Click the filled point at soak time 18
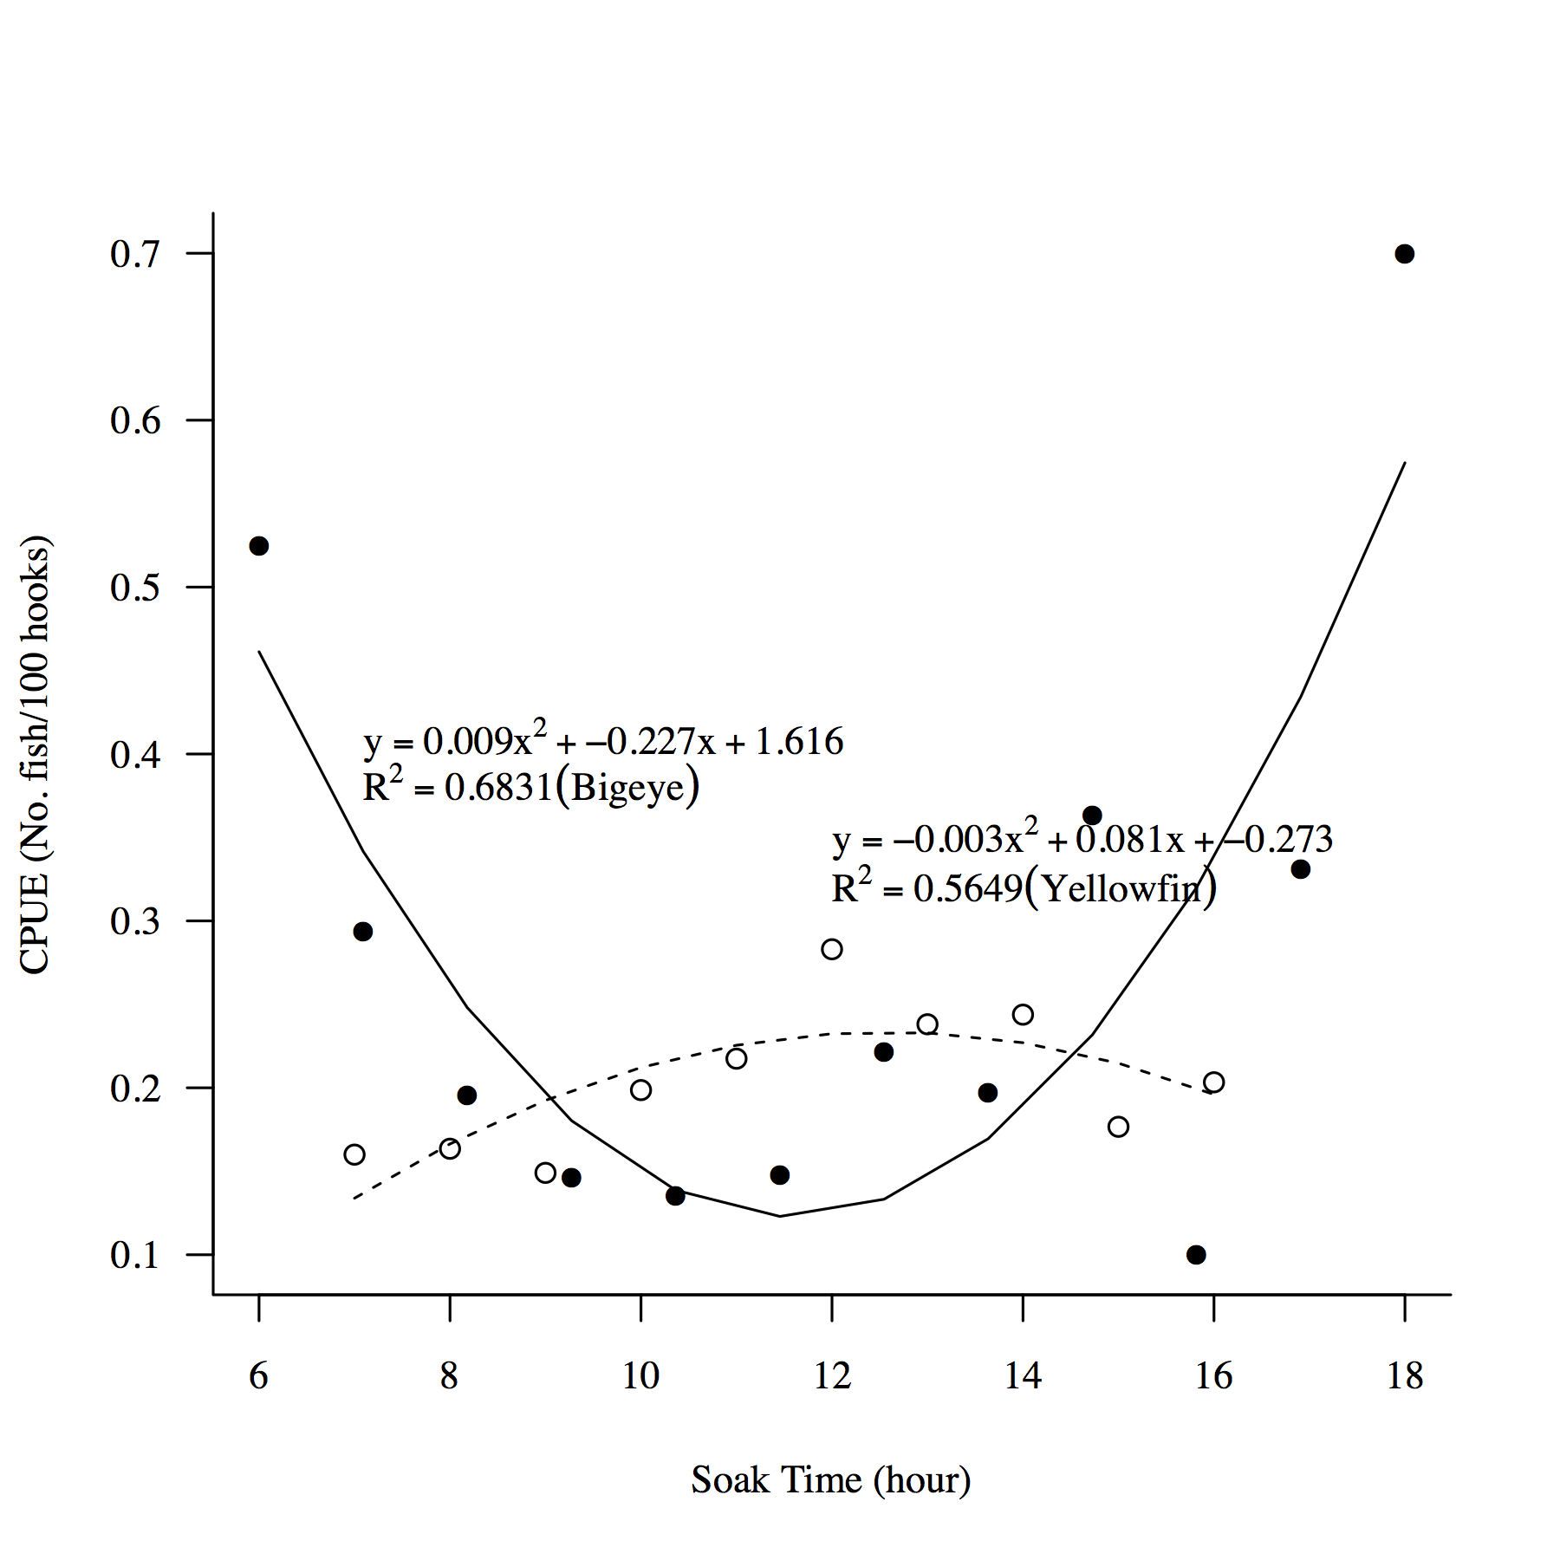[x=1404, y=254]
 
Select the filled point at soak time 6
[x=258, y=546]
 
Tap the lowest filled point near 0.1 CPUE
[x=1196, y=1255]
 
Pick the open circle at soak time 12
[x=831, y=949]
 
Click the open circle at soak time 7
[x=354, y=1154]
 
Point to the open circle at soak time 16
[x=1213, y=1082]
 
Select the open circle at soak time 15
[x=1118, y=1127]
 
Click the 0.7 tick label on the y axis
[x=135, y=254]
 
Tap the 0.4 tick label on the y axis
[x=135, y=755]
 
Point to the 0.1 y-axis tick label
[x=135, y=1255]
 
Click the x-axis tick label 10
[x=640, y=1376]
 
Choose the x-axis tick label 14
[x=1023, y=1376]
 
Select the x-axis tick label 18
[x=1404, y=1376]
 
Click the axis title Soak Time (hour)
[x=830, y=1480]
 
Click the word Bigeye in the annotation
[x=627, y=789]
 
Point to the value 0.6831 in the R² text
[x=498, y=789]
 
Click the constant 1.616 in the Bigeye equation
[x=799, y=742]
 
